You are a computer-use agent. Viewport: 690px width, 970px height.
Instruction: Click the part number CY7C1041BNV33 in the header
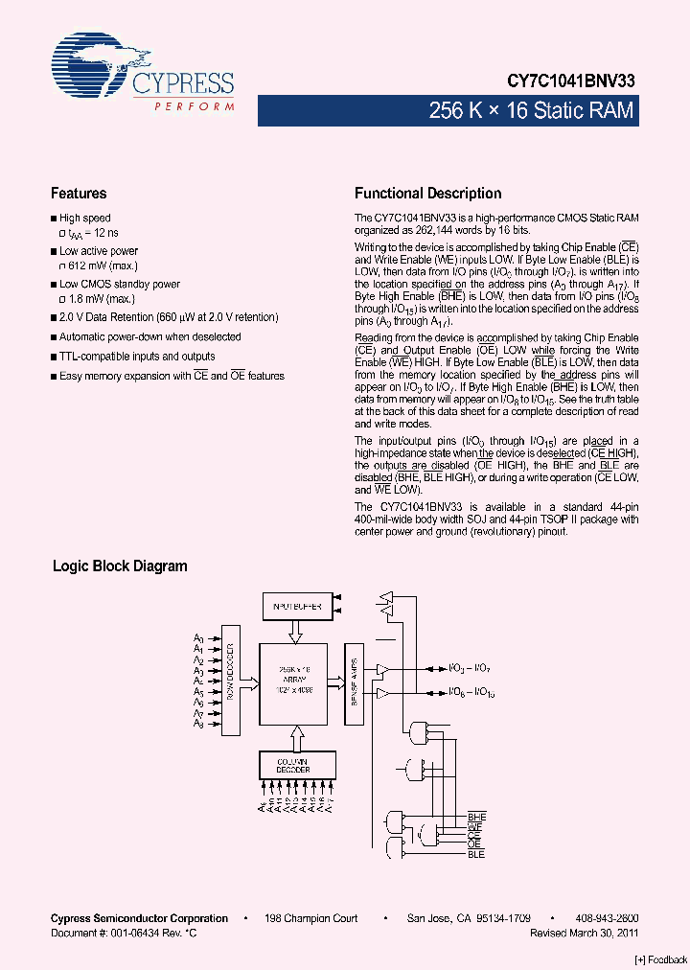coord(571,82)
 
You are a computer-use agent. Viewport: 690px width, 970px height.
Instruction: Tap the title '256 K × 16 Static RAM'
coord(531,111)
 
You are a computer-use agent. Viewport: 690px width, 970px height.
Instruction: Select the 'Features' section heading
coord(79,194)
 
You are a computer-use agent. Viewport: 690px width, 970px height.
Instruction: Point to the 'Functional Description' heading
coord(427,194)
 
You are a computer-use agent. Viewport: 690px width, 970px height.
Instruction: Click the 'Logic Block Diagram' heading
coord(120,566)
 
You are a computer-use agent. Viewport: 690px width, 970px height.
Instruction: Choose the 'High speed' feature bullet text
coord(84,219)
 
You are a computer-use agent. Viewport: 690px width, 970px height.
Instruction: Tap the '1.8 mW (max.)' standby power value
coord(100,299)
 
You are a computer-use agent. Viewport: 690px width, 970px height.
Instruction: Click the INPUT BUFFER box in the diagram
coord(296,607)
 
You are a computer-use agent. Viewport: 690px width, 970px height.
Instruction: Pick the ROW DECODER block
coord(230,680)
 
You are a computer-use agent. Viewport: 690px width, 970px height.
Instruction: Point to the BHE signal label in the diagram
coord(476,817)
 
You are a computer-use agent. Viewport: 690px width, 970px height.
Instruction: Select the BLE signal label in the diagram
coord(476,853)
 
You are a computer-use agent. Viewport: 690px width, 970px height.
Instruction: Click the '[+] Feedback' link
coord(661,959)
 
